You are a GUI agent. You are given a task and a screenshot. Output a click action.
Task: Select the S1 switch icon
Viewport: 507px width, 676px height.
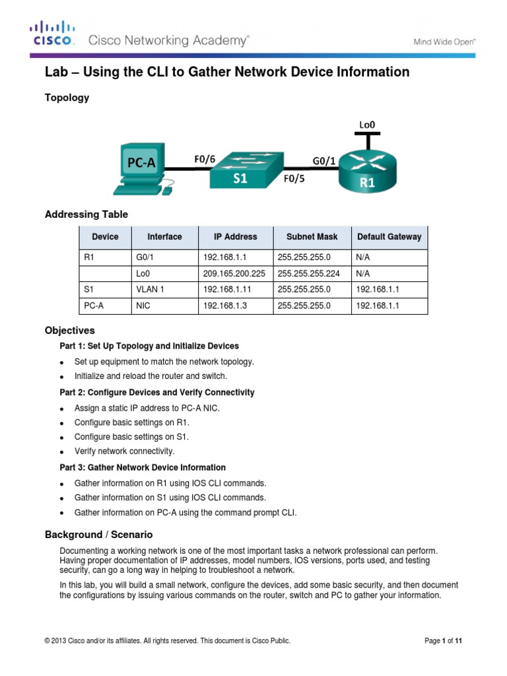pos(244,170)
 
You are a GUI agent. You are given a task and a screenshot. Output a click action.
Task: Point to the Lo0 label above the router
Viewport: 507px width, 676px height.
pos(368,123)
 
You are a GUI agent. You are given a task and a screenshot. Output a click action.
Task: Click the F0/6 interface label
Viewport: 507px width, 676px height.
pos(205,159)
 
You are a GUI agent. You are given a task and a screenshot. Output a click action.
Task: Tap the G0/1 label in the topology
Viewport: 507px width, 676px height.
pos(323,159)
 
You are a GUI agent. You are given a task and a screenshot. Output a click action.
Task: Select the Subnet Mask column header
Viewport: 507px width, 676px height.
pos(312,236)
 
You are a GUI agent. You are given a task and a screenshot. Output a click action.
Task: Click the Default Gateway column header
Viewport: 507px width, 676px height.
pos(389,236)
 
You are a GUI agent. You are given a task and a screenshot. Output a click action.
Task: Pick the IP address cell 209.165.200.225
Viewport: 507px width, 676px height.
pos(234,272)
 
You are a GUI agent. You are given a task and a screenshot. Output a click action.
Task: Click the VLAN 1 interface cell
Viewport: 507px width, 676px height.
pos(149,289)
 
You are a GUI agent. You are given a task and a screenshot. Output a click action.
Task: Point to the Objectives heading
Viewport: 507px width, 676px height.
pos(69,330)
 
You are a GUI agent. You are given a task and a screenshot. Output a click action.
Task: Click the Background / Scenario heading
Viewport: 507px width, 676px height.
pos(98,534)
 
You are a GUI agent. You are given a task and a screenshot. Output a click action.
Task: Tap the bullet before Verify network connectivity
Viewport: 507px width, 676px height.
pos(61,452)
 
